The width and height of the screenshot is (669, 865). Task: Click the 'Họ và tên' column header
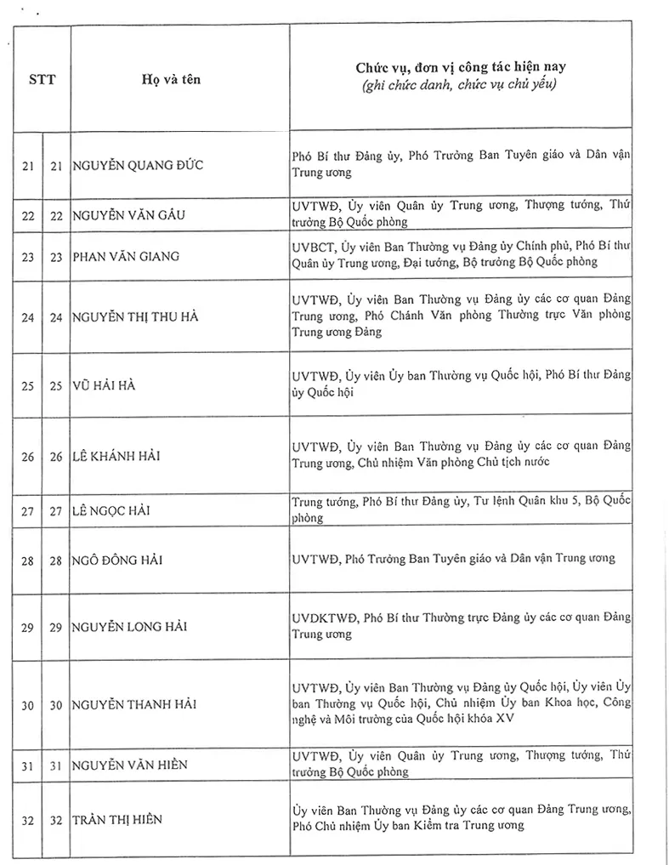pos(172,79)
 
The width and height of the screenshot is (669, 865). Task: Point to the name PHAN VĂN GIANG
pos(126,255)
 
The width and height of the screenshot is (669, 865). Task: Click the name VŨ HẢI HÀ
pos(105,385)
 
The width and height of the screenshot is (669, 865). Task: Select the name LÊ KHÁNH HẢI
pos(116,456)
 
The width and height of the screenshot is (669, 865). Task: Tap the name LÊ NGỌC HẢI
pos(114,510)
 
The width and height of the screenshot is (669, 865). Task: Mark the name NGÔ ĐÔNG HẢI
pos(117,560)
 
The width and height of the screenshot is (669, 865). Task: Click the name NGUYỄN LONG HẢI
pos(130,627)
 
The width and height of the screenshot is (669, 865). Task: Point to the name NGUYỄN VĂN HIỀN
pos(130,765)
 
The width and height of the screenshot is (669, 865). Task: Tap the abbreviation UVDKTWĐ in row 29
pos(323,618)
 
